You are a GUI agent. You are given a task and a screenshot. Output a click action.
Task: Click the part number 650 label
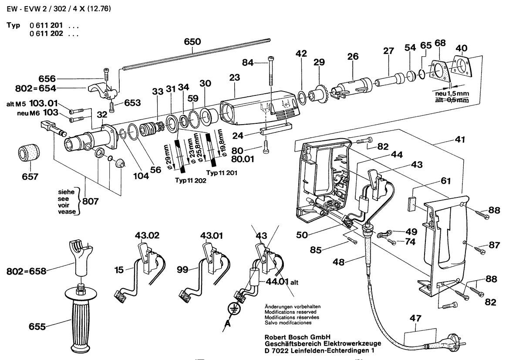click(x=192, y=42)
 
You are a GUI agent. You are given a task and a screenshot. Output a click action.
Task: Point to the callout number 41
click(x=460, y=140)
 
